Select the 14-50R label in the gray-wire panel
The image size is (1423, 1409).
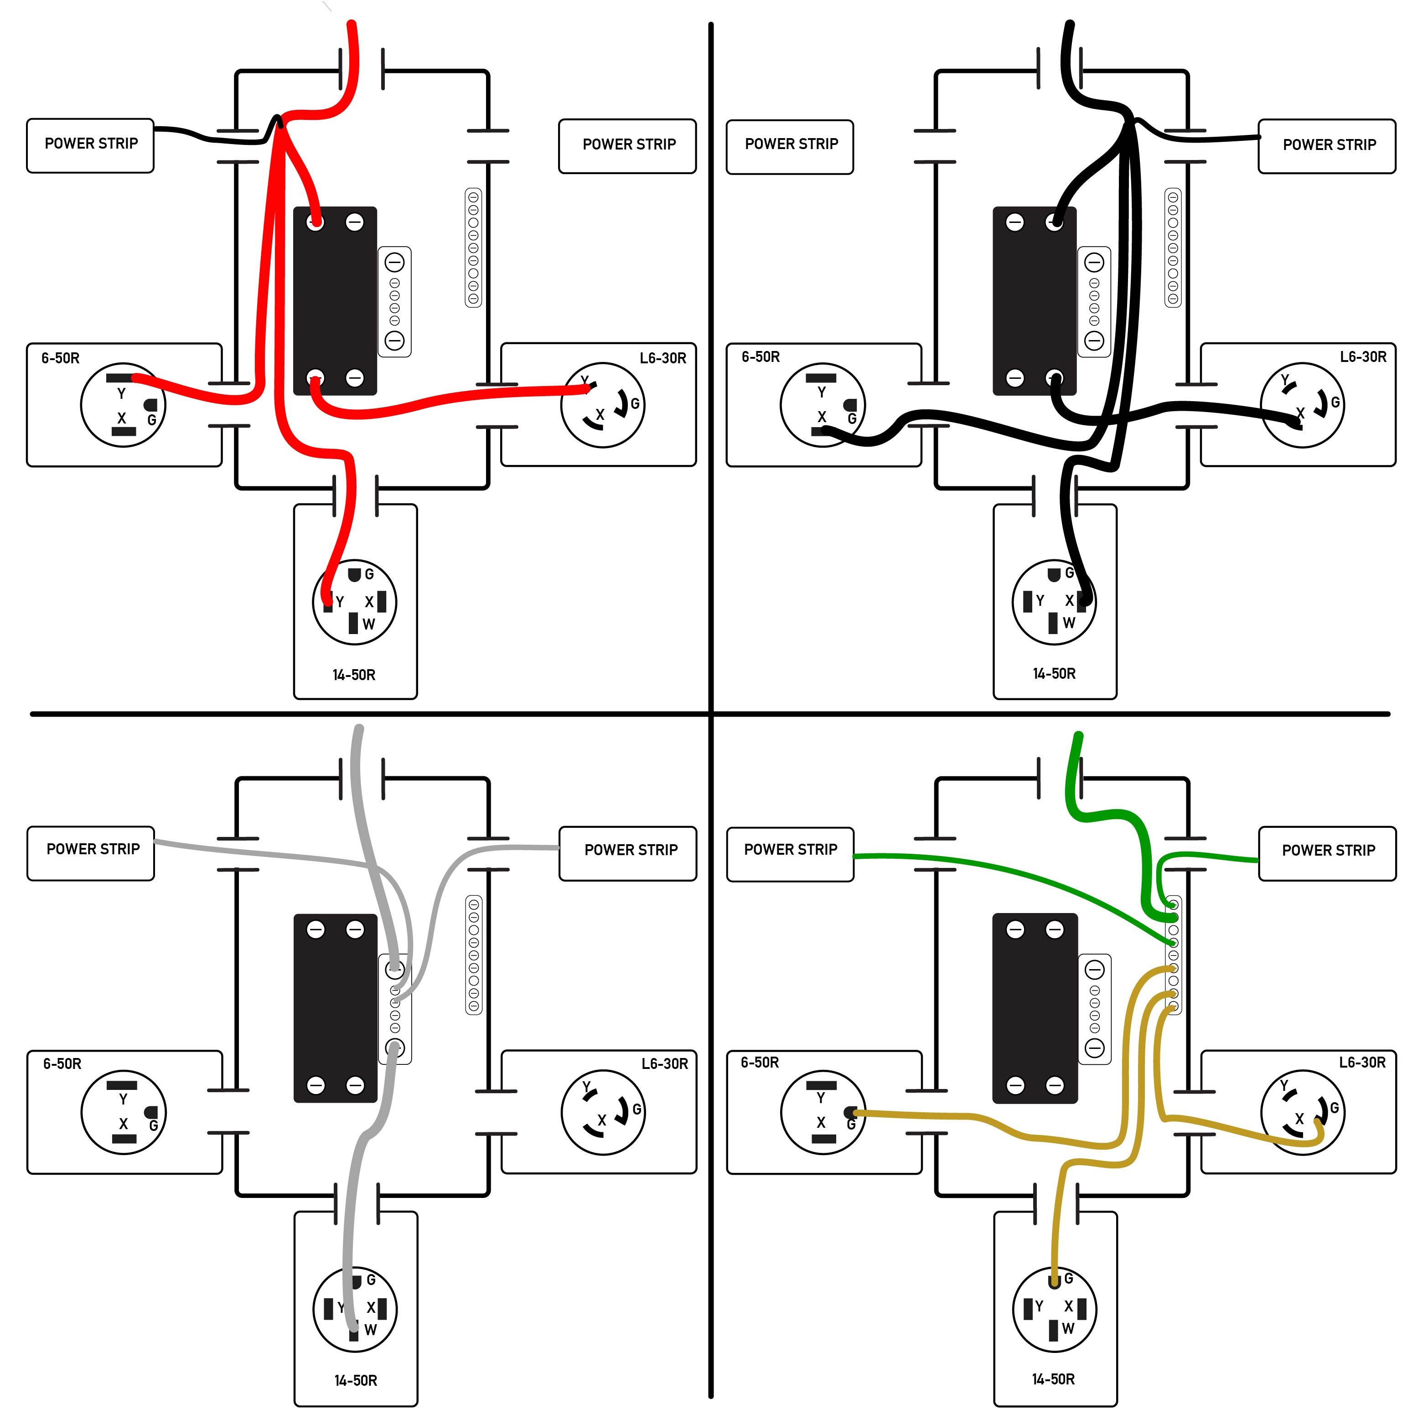tap(356, 1379)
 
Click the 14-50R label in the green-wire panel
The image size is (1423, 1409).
tap(1053, 1378)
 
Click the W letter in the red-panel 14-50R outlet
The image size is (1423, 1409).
tap(369, 624)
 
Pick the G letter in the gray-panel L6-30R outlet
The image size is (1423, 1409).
tap(637, 1109)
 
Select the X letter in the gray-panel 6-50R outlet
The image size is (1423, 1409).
tap(123, 1123)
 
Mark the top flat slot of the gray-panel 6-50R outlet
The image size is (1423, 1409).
tap(122, 1085)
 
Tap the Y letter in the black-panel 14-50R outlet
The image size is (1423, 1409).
tap(1040, 601)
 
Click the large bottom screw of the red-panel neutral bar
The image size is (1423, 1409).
tap(395, 340)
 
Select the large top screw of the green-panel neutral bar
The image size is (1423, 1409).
tap(1095, 969)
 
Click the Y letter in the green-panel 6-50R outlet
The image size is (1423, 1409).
tap(821, 1097)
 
